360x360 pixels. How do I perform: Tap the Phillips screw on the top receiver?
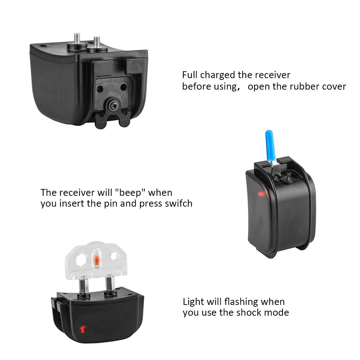coord(114,105)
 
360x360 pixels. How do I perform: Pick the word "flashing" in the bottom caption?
coord(241,302)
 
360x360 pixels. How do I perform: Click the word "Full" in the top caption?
coord(190,75)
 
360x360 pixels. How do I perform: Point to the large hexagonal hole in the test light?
coord(81,260)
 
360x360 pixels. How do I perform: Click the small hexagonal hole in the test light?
coord(114,256)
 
